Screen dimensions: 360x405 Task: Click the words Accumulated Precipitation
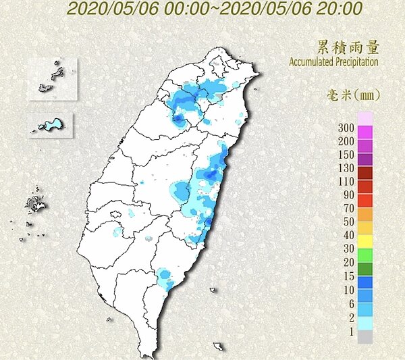333,61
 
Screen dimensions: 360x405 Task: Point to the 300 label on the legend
346,128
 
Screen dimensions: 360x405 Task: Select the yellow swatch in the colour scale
365,241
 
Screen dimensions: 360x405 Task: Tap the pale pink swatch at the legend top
365,119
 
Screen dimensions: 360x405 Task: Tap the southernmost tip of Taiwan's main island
155,354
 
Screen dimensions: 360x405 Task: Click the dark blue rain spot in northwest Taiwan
178,120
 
